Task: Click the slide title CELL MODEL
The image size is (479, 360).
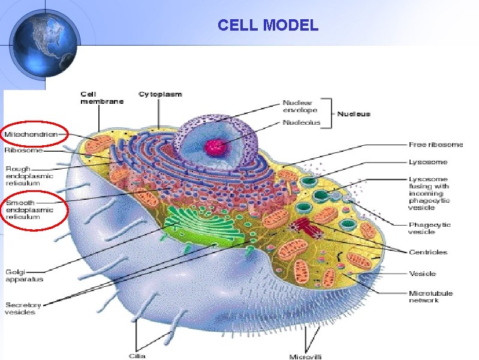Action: [x=268, y=25]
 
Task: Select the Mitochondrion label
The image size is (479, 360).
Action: [x=31, y=135]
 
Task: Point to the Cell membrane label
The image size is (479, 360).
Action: [x=102, y=98]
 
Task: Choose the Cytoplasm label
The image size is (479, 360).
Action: [x=160, y=94]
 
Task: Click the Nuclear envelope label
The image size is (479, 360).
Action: [x=300, y=106]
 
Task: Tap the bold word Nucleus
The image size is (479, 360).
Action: [x=354, y=113]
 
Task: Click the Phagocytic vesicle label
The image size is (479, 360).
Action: [x=429, y=228]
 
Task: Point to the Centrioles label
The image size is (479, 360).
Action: [x=428, y=252]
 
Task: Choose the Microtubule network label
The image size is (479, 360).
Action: [x=430, y=296]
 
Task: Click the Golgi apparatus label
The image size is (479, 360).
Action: [x=24, y=275]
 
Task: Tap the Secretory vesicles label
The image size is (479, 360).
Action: [x=20, y=308]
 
